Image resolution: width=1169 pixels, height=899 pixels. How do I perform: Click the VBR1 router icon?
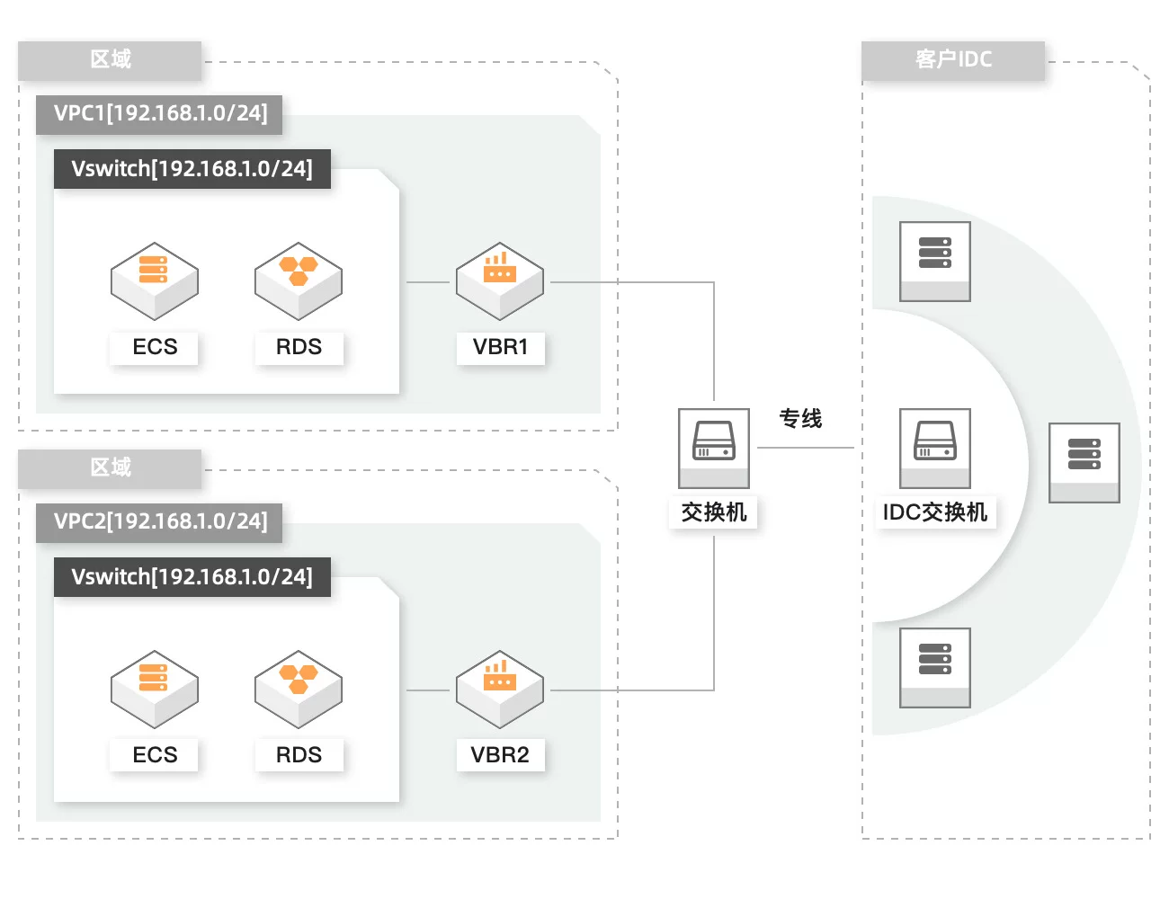point(500,280)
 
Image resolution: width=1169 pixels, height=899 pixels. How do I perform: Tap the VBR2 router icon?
point(500,689)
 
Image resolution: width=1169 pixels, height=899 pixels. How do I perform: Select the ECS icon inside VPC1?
point(155,280)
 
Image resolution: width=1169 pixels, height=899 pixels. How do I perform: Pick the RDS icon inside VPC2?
point(299,689)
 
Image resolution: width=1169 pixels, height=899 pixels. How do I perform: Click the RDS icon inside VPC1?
point(299,280)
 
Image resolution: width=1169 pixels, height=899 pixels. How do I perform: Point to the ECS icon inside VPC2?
point(155,689)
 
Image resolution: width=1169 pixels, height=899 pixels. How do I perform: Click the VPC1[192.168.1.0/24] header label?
point(160,114)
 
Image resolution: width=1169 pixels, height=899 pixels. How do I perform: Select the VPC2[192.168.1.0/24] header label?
point(160,522)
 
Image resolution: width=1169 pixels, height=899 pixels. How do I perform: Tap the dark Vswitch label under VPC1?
point(192,169)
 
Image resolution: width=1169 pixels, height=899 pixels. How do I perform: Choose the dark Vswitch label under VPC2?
point(192,577)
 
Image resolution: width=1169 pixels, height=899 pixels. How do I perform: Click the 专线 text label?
point(800,419)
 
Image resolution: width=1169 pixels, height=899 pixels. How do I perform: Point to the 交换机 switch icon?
point(714,448)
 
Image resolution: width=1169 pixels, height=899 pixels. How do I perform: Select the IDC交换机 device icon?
point(935,448)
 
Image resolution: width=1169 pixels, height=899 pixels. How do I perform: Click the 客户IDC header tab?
point(953,60)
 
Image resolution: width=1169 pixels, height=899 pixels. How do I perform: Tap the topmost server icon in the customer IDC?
point(935,261)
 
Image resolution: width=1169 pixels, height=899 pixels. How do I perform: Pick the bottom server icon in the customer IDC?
point(935,667)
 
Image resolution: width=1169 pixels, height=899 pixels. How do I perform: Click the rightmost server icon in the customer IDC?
point(1084,462)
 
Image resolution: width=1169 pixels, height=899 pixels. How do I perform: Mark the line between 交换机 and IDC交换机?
point(806,448)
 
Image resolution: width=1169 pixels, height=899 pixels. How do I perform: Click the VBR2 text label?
point(500,755)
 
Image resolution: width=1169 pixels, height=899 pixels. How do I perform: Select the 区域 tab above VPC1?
point(111,60)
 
